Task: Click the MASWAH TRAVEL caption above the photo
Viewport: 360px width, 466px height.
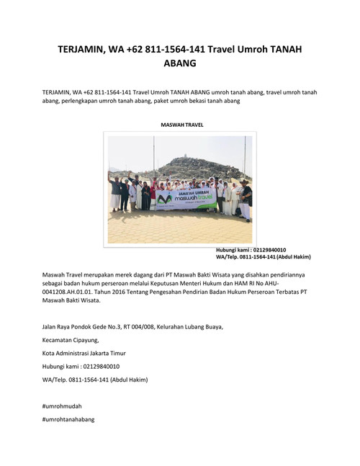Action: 182,125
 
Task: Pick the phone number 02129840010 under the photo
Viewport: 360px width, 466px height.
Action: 269,250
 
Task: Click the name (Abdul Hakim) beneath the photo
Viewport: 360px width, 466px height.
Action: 292,256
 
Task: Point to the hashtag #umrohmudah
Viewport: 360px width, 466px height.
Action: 62,406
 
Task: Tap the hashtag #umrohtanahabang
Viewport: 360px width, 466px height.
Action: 68,419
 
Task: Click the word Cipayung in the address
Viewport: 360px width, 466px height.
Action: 84,340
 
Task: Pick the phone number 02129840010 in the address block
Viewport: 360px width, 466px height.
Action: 96,366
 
